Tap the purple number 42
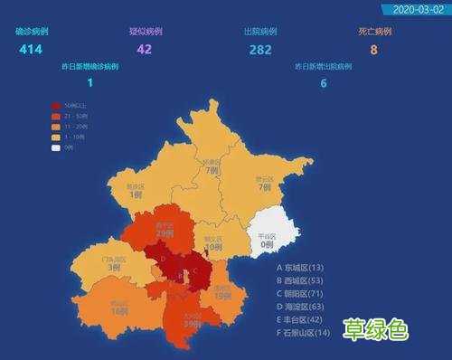(x=145, y=49)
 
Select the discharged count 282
(x=259, y=49)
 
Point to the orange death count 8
(x=372, y=49)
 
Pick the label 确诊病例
(x=31, y=32)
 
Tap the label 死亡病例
(x=373, y=32)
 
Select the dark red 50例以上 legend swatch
(x=56, y=107)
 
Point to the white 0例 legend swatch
(x=56, y=147)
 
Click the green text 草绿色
(x=375, y=330)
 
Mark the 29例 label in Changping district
(x=165, y=233)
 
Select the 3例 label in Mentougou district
(x=115, y=268)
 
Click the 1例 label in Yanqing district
(x=136, y=194)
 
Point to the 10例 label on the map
(x=213, y=247)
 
